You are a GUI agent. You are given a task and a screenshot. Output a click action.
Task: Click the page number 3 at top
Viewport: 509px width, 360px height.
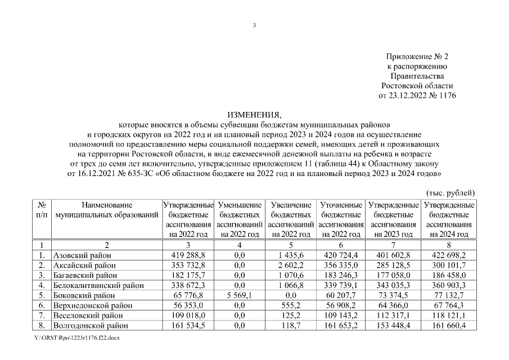(x=254, y=25)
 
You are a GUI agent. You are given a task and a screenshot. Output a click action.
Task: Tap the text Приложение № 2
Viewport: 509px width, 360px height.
(x=417, y=57)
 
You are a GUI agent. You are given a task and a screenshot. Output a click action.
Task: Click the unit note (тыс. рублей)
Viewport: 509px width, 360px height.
(x=451, y=192)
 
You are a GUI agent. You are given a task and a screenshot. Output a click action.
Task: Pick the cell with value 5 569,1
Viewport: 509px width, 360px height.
(x=240, y=295)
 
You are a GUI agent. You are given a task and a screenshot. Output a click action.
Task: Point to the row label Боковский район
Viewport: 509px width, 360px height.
(x=84, y=295)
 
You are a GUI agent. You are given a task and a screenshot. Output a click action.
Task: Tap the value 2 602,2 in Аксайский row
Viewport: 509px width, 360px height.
(x=291, y=265)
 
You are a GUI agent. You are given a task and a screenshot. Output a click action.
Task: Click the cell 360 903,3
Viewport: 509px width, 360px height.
(x=448, y=285)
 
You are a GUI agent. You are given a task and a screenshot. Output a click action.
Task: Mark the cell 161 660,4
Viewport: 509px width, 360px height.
(x=448, y=326)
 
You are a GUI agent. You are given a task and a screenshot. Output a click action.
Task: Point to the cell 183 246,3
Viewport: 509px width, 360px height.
(x=341, y=275)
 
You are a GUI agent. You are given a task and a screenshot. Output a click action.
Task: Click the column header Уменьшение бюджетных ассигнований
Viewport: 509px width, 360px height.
(x=240, y=219)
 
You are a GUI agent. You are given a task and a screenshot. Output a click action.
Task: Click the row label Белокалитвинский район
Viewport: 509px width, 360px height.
(x=94, y=285)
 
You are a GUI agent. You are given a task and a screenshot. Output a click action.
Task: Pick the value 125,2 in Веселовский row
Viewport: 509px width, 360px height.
(x=291, y=316)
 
